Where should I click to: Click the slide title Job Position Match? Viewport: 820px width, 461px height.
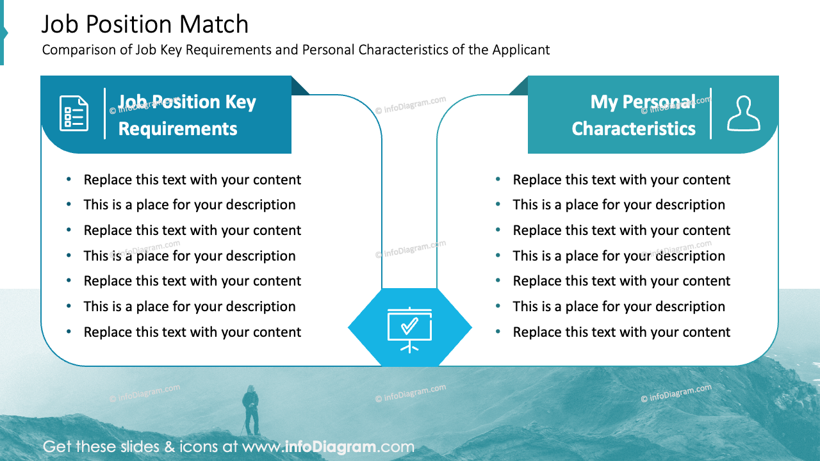[145, 24]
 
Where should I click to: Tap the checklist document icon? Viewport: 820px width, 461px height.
[74, 113]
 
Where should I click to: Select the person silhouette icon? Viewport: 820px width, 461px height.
[743, 113]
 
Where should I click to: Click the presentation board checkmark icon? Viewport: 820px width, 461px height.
[410, 328]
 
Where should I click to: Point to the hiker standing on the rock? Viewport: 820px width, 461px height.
[250, 409]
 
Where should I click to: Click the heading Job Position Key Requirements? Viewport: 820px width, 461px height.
[186, 115]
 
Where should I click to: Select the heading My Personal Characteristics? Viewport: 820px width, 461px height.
[634, 115]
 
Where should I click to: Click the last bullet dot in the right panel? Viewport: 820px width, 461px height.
[498, 332]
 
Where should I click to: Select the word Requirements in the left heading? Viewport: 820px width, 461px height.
[177, 129]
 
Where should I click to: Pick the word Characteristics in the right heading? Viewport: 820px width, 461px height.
[634, 129]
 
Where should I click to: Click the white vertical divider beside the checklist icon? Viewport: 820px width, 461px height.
[104, 113]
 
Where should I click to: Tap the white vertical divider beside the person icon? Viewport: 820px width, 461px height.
[710, 113]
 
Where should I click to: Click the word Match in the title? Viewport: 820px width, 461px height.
[214, 24]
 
